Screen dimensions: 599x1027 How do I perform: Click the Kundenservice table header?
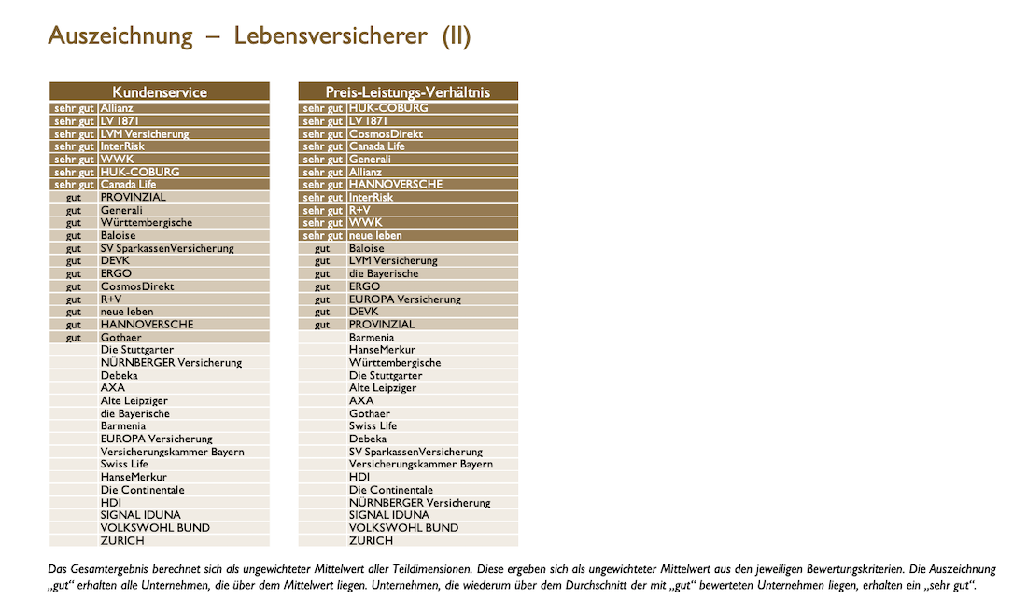(x=160, y=91)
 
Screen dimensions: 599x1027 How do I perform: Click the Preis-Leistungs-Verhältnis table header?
(x=408, y=91)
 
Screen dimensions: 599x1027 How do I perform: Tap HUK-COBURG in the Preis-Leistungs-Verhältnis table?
(x=388, y=108)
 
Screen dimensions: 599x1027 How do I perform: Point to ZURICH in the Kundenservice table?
(x=122, y=540)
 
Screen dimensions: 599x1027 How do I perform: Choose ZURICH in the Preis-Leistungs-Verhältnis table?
(x=371, y=540)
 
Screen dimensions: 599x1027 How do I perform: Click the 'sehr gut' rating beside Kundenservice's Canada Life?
(x=74, y=185)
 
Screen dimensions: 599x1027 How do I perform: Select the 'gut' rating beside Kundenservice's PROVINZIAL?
(x=74, y=198)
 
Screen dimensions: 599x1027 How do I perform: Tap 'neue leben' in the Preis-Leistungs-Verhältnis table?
(x=375, y=235)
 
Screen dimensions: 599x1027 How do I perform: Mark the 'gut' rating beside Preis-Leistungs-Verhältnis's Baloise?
(x=322, y=248)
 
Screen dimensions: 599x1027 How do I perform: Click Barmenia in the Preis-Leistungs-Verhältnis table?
(x=372, y=337)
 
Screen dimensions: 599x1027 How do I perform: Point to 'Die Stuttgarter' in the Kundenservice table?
(x=137, y=350)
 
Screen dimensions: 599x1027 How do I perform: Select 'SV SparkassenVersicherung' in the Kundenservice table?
(x=167, y=248)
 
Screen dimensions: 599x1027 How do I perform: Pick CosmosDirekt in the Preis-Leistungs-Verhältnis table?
(x=386, y=133)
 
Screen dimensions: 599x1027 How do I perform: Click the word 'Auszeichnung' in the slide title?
(x=120, y=36)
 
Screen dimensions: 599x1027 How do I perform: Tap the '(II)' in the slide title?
(x=457, y=36)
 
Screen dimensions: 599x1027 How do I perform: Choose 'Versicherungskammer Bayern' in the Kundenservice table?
(x=172, y=452)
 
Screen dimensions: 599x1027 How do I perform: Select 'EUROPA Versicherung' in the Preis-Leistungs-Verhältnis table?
(x=405, y=299)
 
